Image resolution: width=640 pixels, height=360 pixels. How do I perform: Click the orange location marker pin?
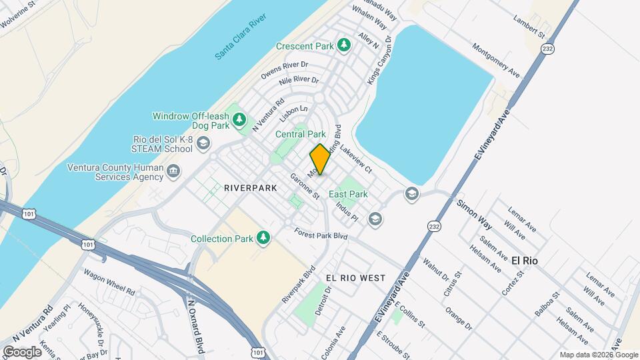(x=320, y=159)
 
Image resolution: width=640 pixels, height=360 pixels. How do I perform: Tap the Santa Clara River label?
(x=241, y=37)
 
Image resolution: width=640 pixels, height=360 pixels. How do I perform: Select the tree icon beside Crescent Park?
(x=343, y=45)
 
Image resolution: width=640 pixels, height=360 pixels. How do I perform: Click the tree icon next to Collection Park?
(x=264, y=238)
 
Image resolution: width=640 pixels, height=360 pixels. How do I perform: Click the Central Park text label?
(x=301, y=134)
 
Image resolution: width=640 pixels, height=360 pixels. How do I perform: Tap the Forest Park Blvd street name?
(x=322, y=235)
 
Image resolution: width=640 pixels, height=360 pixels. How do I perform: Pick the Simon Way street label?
(x=474, y=213)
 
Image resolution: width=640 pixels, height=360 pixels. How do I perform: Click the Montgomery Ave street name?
(x=495, y=59)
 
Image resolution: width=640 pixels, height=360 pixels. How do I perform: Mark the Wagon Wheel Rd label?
(x=110, y=282)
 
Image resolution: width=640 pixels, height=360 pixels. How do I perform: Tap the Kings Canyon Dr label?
(x=378, y=67)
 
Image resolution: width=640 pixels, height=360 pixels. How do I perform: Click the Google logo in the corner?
(x=21, y=351)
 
